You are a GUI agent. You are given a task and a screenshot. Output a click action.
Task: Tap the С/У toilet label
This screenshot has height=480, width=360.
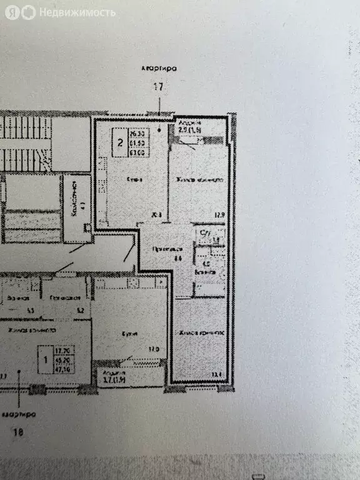coord(204,232)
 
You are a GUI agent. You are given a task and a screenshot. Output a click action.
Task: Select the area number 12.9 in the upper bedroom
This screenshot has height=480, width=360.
coord(219,216)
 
